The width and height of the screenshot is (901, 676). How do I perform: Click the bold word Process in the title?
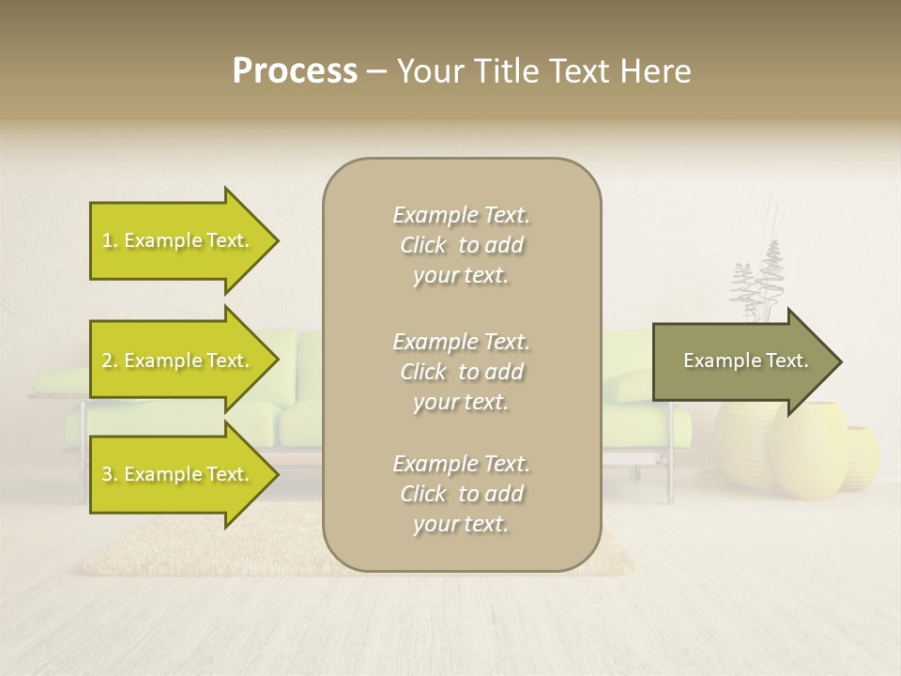click(x=295, y=71)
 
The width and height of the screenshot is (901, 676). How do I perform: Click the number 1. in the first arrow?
click(x=110, y=241)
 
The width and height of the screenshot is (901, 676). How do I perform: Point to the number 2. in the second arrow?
click(x=110, y=361)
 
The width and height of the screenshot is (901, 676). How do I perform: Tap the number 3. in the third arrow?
click(x=110, y=475)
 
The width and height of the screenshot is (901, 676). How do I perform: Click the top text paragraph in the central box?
click(x=461, y=245)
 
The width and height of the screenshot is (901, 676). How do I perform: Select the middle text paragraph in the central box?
click(x=461, y=372)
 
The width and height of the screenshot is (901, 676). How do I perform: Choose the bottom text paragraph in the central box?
click(x=461, y=494)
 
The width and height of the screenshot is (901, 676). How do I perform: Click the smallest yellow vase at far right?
click(x=861, y=457)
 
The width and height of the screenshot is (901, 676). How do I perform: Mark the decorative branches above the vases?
click(x=757, y=282)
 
